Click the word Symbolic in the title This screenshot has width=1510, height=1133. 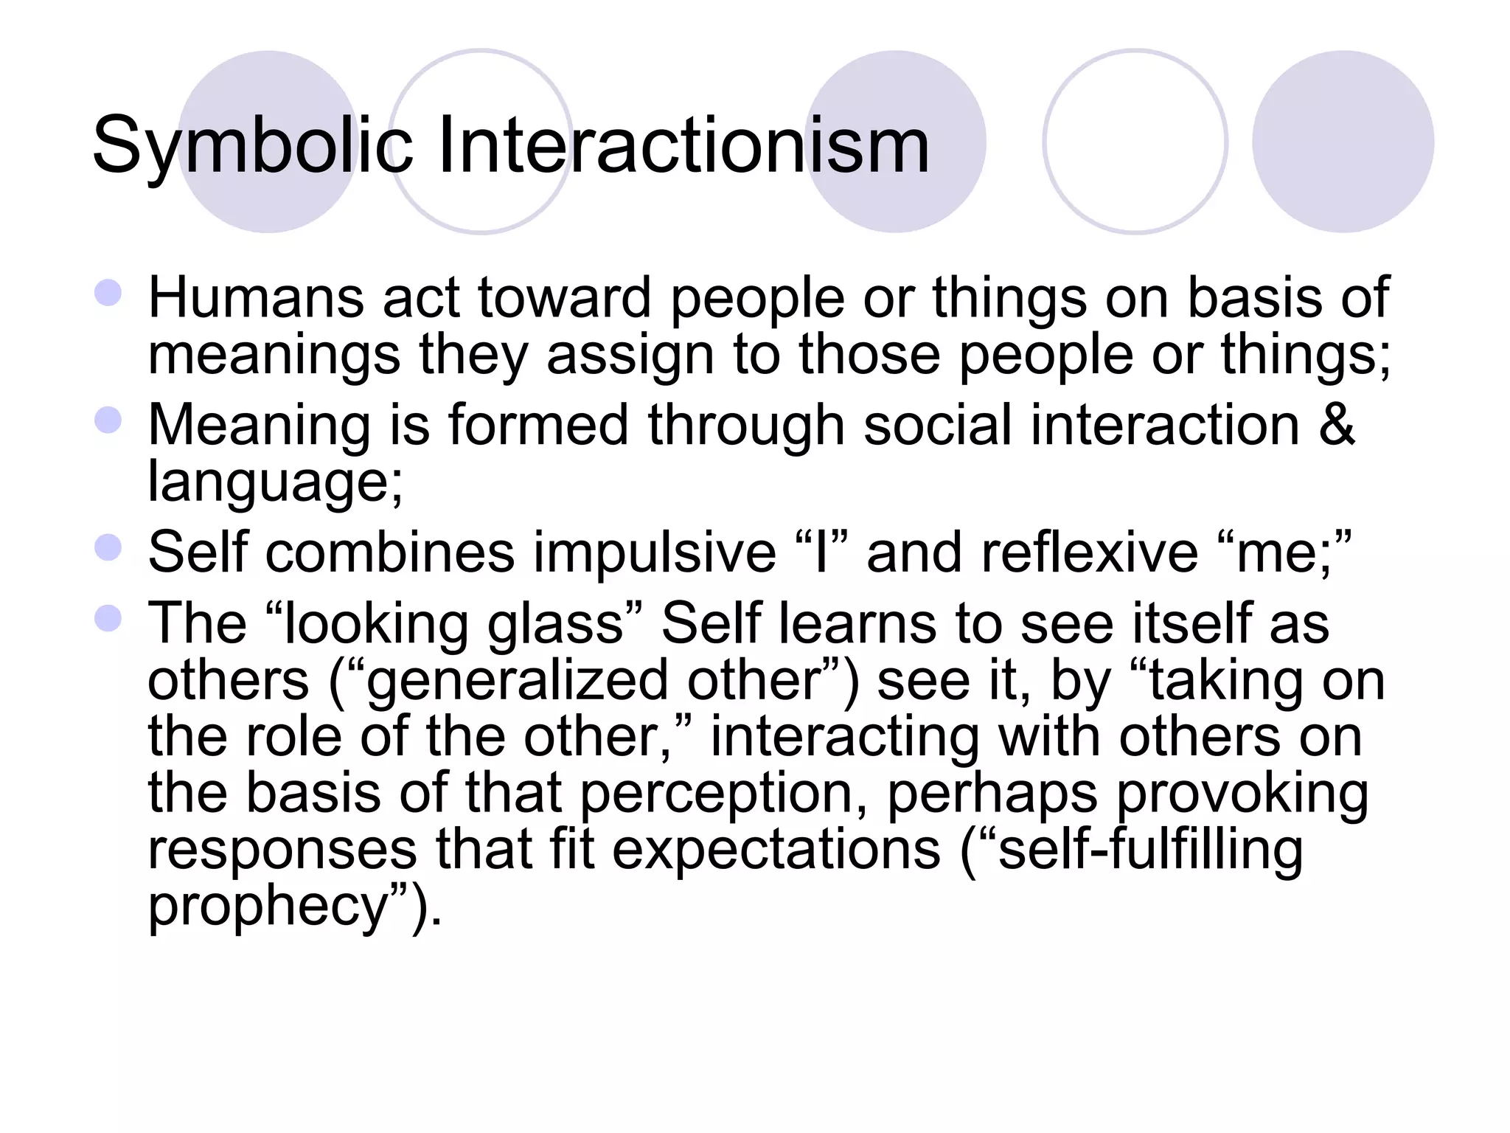(251, 146)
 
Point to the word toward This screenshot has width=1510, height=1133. (564, 298)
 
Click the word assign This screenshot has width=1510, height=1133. (630, 355)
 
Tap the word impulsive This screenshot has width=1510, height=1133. (655, 552)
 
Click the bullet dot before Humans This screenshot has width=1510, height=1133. (108, 293)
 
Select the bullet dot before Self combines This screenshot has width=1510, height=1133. (108, 548)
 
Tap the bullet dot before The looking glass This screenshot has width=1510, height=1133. (108, 618)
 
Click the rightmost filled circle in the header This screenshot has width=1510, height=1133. (1343, 142)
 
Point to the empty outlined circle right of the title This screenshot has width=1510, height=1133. (1135, 142)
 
